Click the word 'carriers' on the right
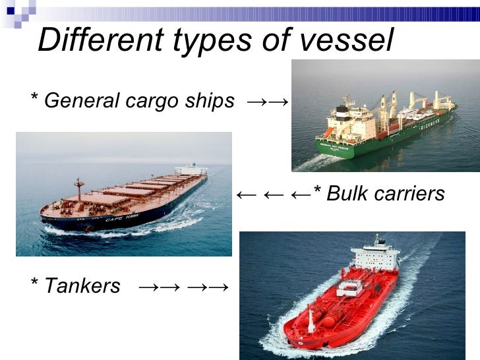[x=410, y=194]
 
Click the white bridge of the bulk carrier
[x=191, y=169]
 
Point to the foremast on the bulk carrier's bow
[x=78, y=189]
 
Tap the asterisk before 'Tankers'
[x=34, y=284]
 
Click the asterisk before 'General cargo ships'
[x=34, y=99]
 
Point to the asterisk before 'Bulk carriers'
[x=317, y=192]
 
